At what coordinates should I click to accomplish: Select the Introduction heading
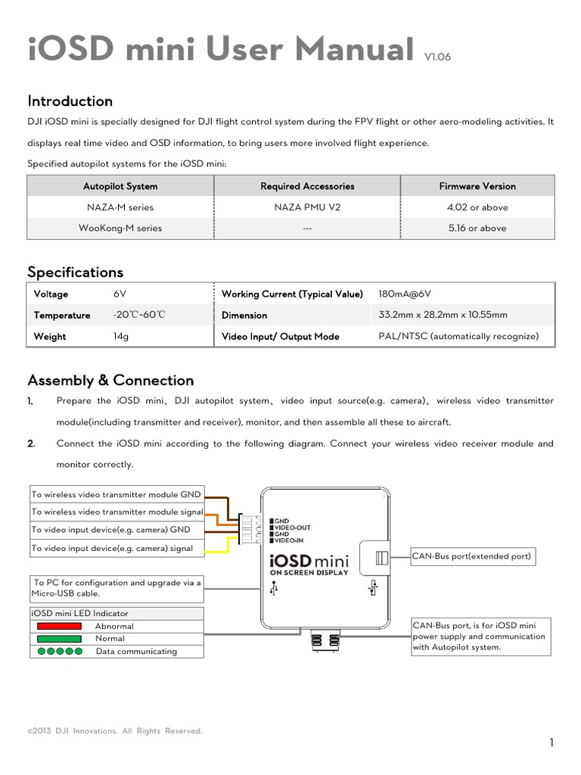[x=70, y=101]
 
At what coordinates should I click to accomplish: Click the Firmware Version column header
[x=477, y=186]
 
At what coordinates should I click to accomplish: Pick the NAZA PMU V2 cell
[x=307, y=207]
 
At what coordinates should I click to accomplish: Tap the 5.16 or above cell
[x=477, y=228]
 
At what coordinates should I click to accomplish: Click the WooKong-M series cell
[x=120, y=228]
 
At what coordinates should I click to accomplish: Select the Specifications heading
[x=75, y=272]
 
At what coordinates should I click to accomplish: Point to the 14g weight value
[x=120, y=337]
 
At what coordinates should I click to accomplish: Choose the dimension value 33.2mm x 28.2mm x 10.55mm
[x=443, y=316]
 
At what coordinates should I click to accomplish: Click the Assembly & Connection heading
[x=110, y=380]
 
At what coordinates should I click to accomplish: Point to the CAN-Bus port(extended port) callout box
[x=472, y=557]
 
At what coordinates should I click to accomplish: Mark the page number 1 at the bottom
[x=552, y=742]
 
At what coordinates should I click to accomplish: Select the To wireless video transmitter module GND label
[x=117, y=494]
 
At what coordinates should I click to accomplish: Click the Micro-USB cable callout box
[x=117, y=588]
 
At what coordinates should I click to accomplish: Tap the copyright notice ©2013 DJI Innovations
[x=115, y=731]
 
